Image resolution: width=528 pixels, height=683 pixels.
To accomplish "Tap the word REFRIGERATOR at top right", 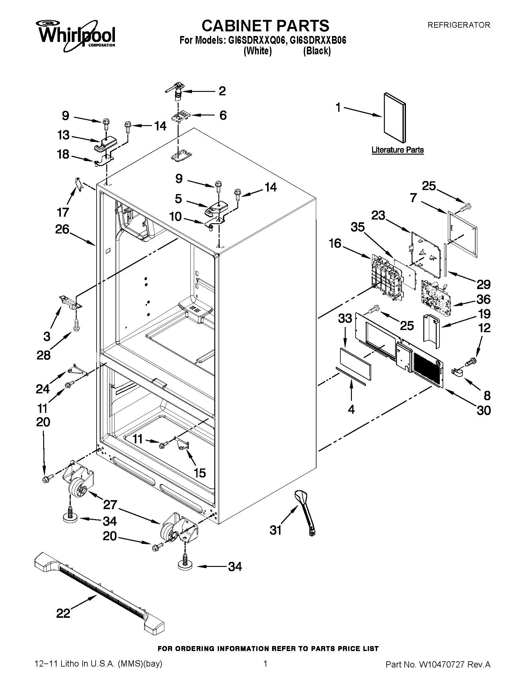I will tap(458, 25).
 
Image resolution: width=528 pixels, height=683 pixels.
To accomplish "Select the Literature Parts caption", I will tap(397, 150).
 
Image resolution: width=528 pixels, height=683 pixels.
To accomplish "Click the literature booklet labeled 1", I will tap(395, 117).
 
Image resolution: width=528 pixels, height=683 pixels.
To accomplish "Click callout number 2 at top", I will tap(222, 91).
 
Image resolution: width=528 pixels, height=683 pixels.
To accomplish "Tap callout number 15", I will tap(200, 473).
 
